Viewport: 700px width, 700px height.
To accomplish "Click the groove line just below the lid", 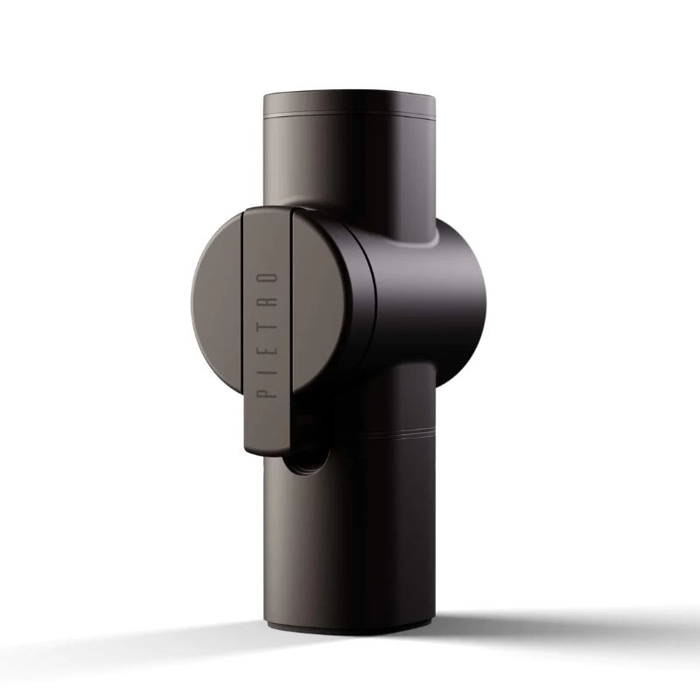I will [350, 117].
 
